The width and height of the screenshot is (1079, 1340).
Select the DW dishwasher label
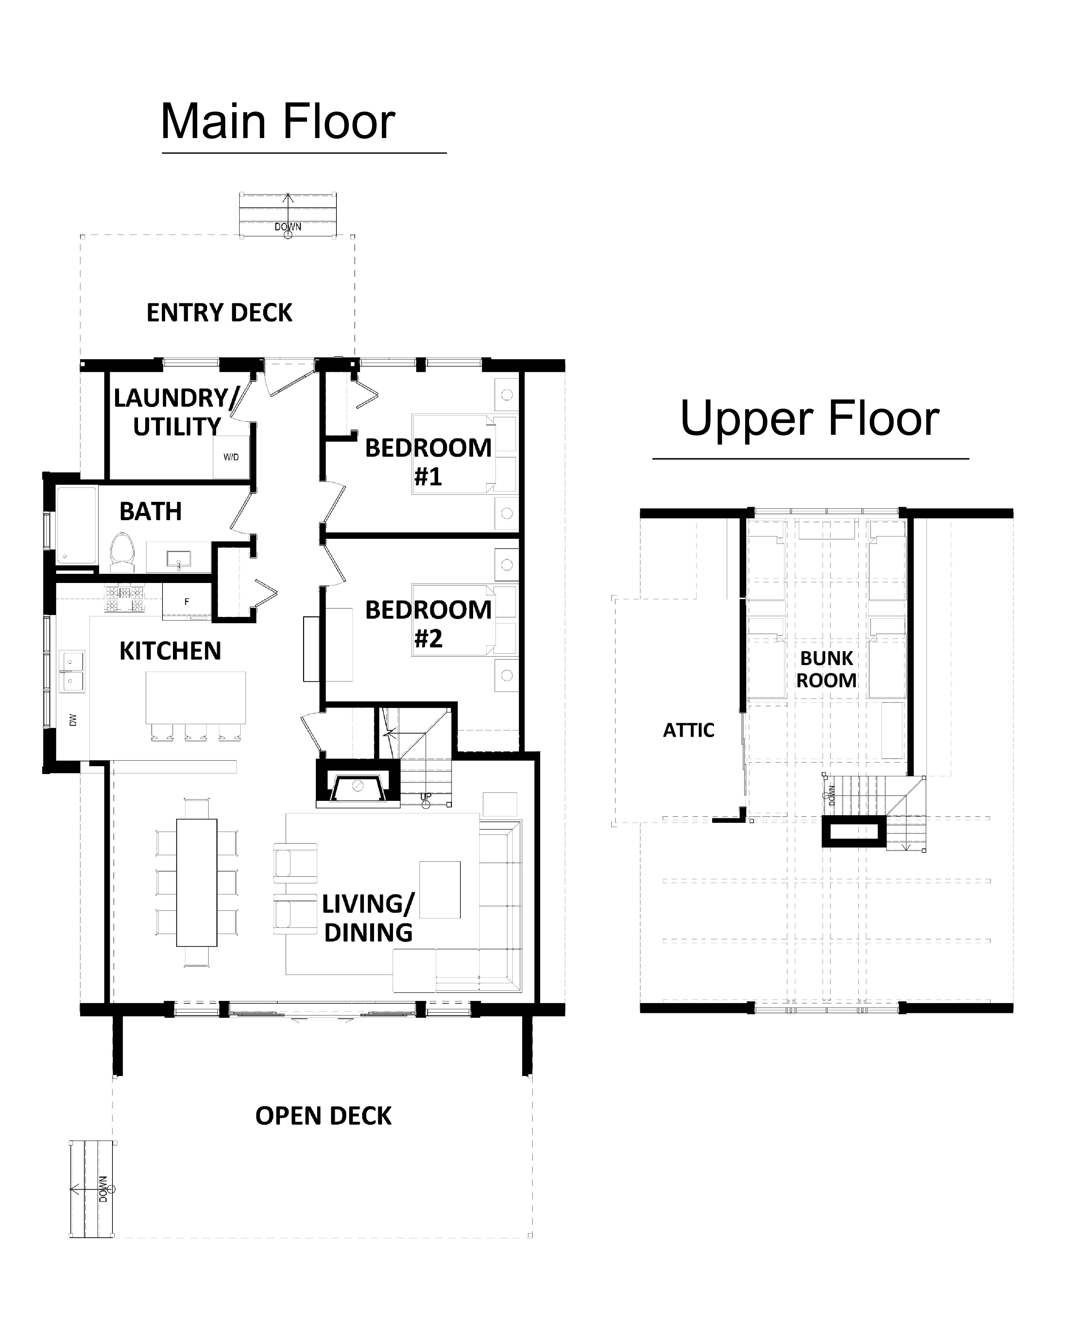click(x=73, y=720)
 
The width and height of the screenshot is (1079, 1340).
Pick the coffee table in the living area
click(x=440, y=890)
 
